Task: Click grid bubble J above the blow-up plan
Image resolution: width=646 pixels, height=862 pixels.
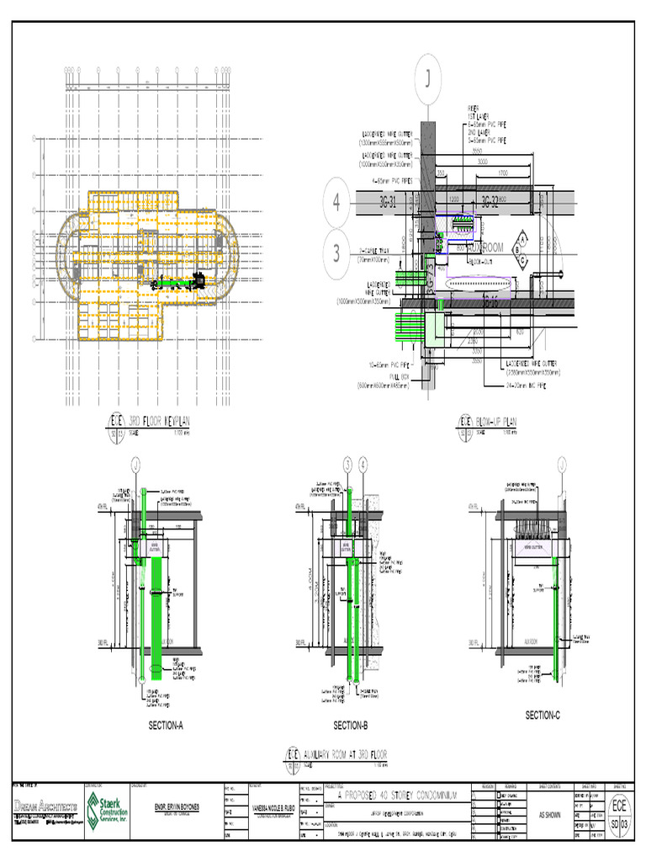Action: pos(427,80)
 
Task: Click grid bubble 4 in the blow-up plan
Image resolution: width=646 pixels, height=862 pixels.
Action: pos(336,202)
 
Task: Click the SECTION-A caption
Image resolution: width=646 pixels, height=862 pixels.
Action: pos(166,725)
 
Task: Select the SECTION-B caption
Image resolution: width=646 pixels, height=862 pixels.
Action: pos(350,725)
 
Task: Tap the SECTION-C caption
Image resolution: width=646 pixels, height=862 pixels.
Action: pos(543,716)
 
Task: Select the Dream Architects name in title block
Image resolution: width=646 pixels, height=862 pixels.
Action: pos(45,806)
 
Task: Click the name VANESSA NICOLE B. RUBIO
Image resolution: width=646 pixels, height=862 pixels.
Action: pos(271,807)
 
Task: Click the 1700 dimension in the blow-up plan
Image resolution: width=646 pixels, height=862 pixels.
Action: pos(503,174)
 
